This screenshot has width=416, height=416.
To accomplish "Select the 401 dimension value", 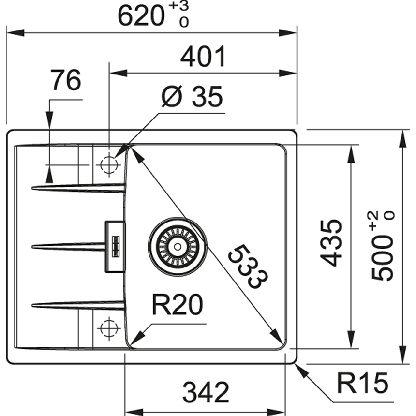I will pyautogui.click(x=203, y=58).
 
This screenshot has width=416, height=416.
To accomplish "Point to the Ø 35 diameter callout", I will pyautogui.click(x=192, y=98).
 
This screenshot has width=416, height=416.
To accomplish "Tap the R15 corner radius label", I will pyautogui.click(x=362, y=384).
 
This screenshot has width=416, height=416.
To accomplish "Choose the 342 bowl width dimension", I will pyautogui.click(x=206, y=392).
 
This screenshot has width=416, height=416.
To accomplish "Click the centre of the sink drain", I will pyautogui.click(x=178, y=246).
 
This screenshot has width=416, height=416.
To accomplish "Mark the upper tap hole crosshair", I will pyautogui.click(x=109, y=164).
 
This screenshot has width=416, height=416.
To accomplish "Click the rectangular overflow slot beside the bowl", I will pyautogui.click(x=115, y=246).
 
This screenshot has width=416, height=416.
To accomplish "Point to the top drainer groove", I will pyautogui.click(x=77, y=187).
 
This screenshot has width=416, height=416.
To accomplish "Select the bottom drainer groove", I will pyautogui.click(x=77, y=305).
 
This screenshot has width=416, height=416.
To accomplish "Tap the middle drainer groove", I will pyautogui.click(x=68, y=247).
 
